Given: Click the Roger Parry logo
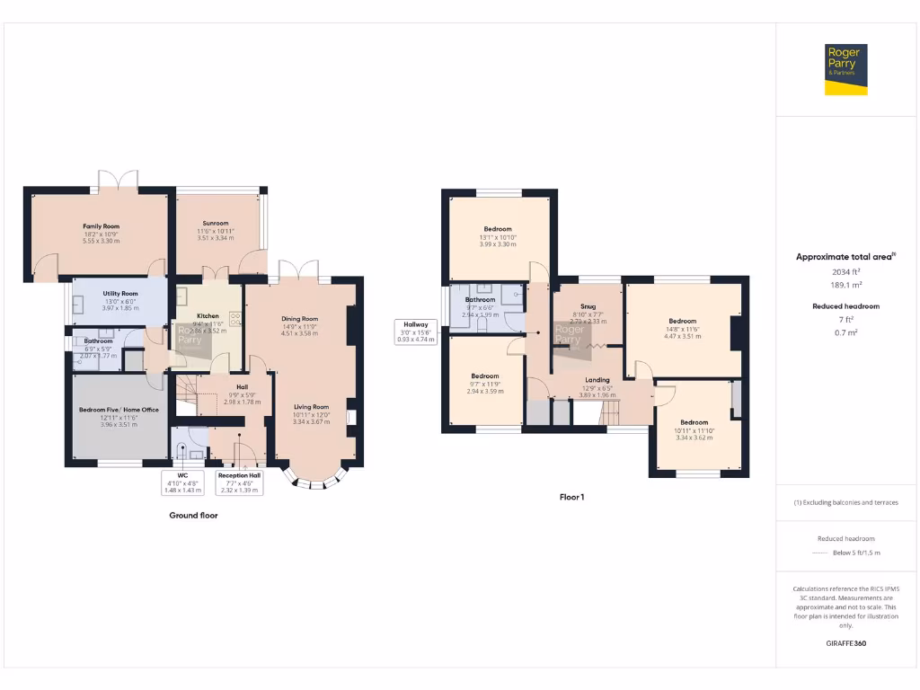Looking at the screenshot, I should pos(846,69).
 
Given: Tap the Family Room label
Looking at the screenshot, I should pos(101,226).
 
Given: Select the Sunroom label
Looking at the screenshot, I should pos(215,224).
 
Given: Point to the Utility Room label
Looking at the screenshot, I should pos(119,293).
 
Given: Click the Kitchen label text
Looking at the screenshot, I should pos(208,316).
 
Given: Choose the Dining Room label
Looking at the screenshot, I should pos(300,318).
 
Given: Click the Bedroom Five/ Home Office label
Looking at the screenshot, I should pos(119,410).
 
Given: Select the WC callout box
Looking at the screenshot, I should pos(182,482).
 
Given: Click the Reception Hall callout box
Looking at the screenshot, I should pos(239,482).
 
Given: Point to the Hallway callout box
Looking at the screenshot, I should pos(415,332).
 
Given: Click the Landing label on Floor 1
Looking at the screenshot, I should pos(597,380).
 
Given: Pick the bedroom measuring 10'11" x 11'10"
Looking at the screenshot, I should pos(694,430).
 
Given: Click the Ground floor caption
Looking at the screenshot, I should pos(193,516).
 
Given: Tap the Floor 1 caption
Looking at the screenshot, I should pos(571,496).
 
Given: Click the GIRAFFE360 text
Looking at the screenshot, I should pos(846,643).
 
